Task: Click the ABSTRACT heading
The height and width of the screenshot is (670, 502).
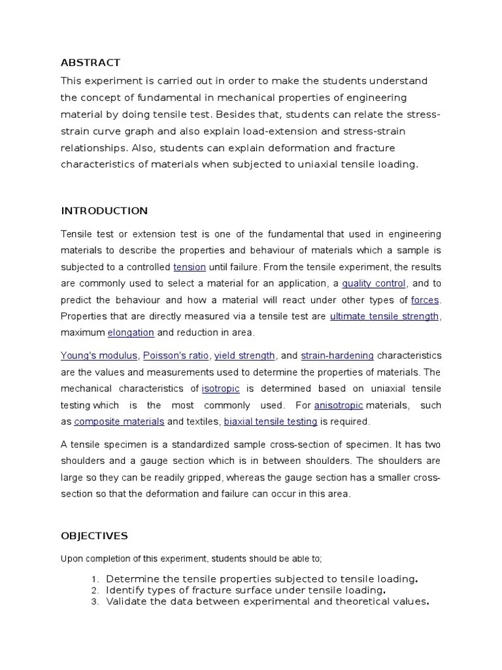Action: pyautogui.click(x=90, y=63)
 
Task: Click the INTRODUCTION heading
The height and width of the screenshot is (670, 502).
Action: pyautogui.click(x=104, y=211)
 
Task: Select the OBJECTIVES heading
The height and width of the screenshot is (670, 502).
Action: pyautogui.click(x=94, y=536)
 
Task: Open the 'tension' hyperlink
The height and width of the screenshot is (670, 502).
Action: pyautogui.click(x=190, y=267)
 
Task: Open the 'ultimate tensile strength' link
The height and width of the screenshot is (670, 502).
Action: pyautogui.click(x=384, y=316)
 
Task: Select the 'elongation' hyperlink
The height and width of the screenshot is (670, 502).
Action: pyautogui.click(x=131, y=332)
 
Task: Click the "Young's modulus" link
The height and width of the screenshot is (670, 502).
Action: pyautogui.click(x=99, y=355)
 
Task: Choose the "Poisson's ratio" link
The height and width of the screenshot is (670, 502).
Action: pyautogui.click(x=176, y=355)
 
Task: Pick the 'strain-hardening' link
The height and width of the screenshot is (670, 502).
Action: pyautogui.click(x=337, y=355)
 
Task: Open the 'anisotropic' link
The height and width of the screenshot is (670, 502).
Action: pyautogui.click(x=338, y=405)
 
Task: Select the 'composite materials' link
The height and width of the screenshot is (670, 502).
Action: pyautogui.click(x=120, y=421)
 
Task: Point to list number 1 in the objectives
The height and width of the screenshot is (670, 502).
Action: pyautogui.click(x=95, y=579)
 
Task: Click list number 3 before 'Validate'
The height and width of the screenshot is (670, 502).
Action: pyautogui.click(x=95, y=603)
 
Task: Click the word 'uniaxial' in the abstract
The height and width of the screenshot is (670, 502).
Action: pyautogui.click(x=310, y=164)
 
